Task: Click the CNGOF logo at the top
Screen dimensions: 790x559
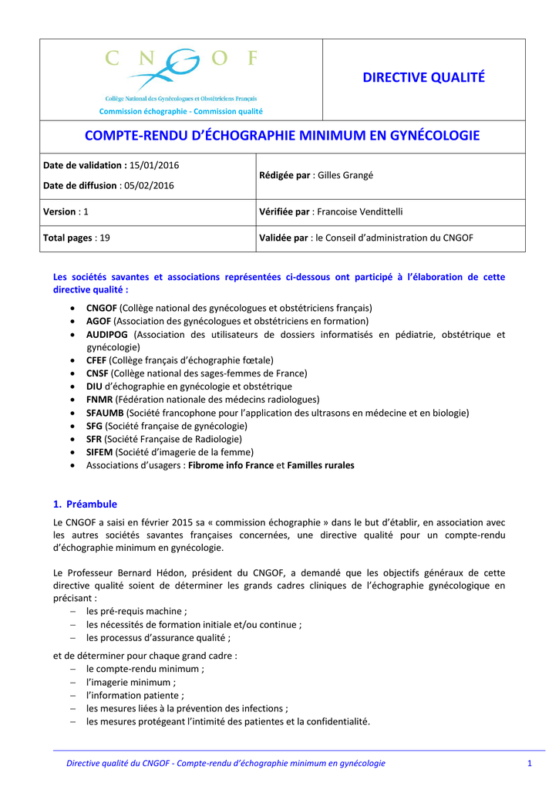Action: coord(180,71)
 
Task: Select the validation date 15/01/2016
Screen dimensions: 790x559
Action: coord(154,165)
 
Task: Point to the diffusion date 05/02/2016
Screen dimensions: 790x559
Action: coord(147,185)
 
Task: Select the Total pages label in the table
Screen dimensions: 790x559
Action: coord(67,238)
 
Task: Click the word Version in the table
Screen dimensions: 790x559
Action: coord(59,211)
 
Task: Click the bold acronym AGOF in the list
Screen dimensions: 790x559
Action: coord(99,321)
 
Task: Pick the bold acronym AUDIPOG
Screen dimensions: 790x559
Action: coord(107,335)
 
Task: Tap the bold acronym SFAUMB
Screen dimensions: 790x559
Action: coord(104,413)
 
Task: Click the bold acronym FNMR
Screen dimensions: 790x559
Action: coord(99,400)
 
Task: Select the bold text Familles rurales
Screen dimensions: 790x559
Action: coord(321,465)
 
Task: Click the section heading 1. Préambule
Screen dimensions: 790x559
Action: coord(85,504)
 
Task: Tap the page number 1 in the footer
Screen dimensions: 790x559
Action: coord(530,763)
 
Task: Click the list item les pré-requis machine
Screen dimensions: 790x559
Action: coord(136,611)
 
